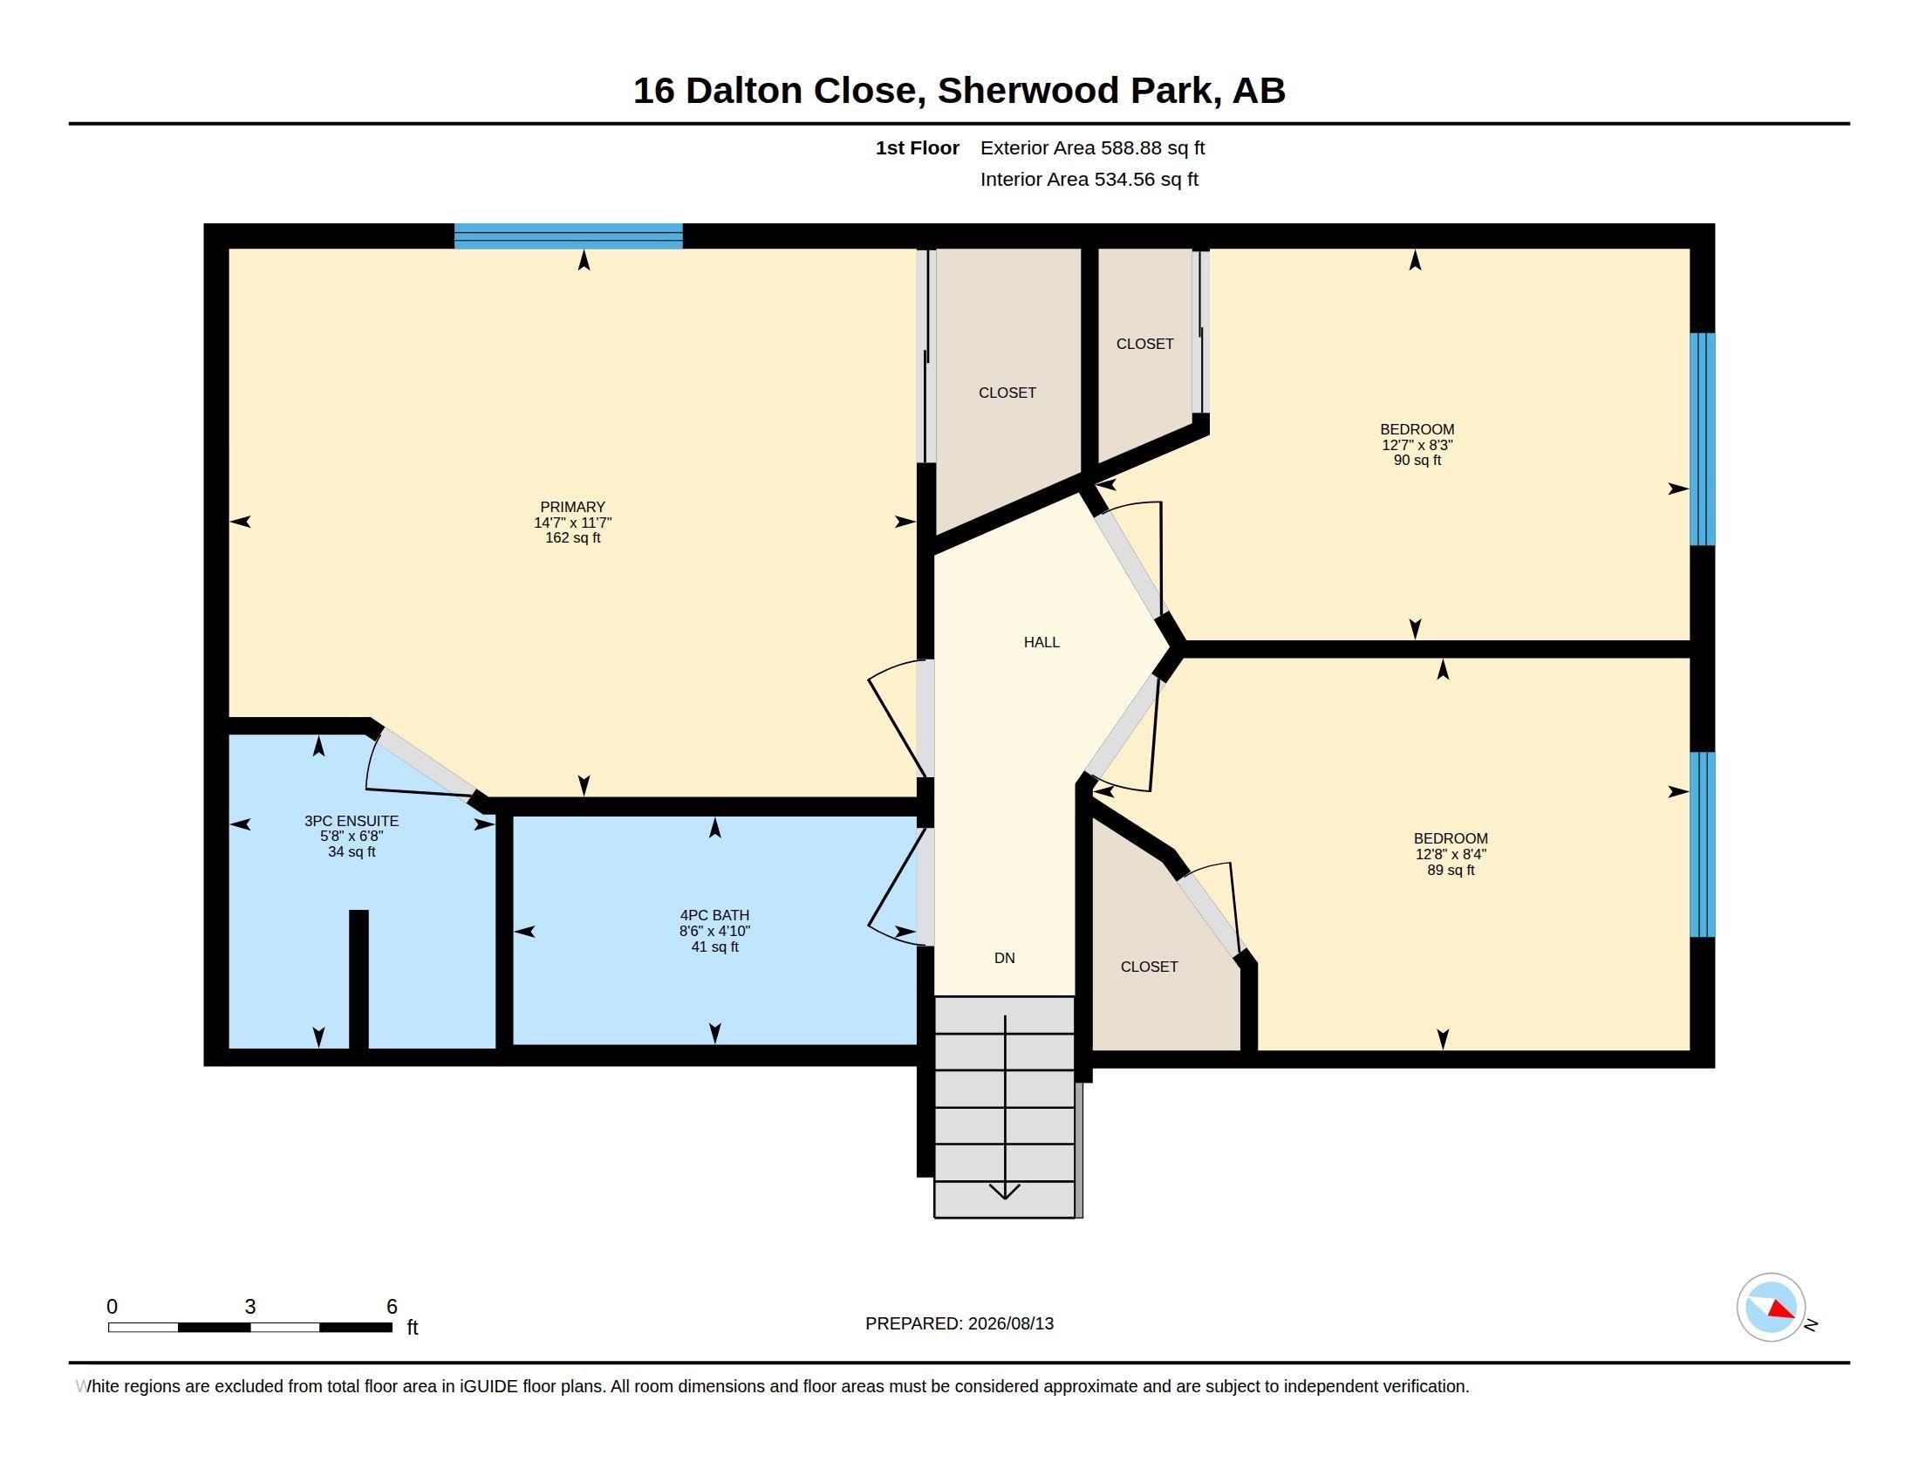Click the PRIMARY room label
572,507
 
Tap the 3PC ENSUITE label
352,821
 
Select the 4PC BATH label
714,914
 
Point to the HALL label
1041,642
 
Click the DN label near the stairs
1004,958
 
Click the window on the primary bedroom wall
569,236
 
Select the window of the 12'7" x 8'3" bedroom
1702,440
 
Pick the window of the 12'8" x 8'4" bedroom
1702,845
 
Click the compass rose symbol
1771,1308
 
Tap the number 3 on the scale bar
250,1307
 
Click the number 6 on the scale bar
392,1307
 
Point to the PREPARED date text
959,1323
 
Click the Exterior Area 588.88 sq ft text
1092,147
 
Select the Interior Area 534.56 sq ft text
1089,179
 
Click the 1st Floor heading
918,147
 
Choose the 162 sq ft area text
572,537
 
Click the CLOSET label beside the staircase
1149,967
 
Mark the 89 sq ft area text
1451,870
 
